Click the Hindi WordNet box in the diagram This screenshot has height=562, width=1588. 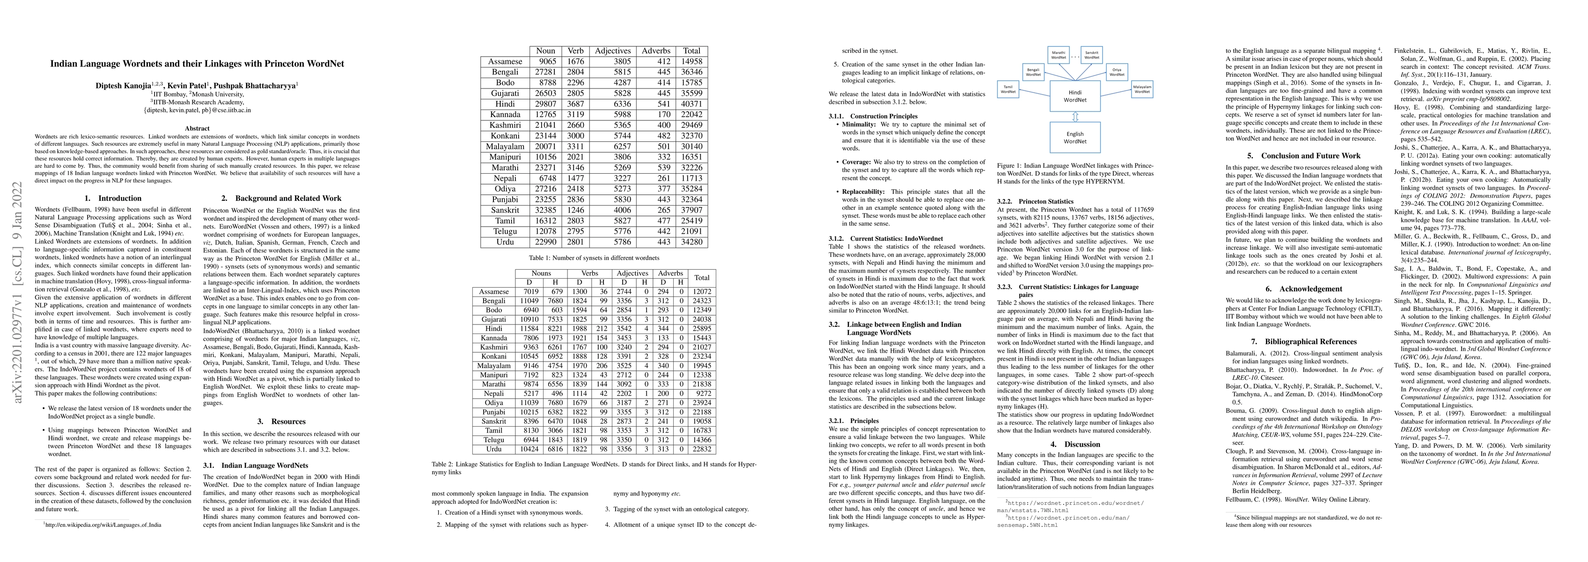pos(1074,96)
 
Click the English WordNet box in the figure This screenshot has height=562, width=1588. pos(1074,137)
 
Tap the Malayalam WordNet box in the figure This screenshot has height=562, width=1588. pos(1142,89)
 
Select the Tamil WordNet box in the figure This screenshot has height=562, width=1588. pos(1008,89)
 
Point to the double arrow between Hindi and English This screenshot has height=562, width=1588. pos(1074,117)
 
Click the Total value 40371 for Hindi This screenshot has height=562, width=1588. pos(691,104)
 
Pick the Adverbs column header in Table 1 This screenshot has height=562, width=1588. pos(655,51)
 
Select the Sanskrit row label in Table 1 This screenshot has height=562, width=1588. pos(505,210)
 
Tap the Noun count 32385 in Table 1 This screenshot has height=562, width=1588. pos(545,210)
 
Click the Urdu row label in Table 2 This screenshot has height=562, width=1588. pos(494,449)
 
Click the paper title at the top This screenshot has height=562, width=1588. pos(197,64)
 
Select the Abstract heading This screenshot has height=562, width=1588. pos(197,128)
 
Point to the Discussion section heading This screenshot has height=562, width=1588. pos(1074,444)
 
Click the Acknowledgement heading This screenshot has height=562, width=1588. pos(1310,288)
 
